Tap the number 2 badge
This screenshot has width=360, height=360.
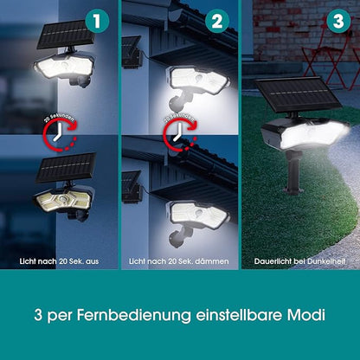point(217,19)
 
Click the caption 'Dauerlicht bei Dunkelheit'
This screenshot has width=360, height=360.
point(299,260)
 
